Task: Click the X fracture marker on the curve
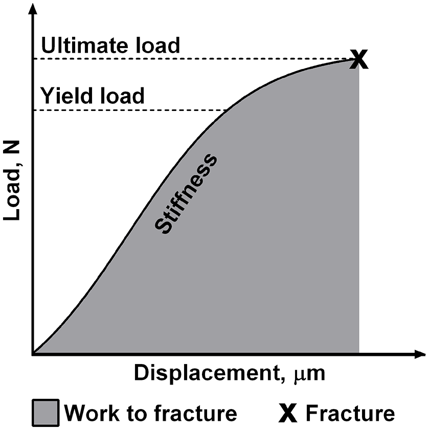click(x=359, y=60)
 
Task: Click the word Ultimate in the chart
click(x=82, y=46)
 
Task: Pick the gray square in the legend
click(x=46, y=413)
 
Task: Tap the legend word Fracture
click(x=350, y=413)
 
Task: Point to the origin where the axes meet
click(x=33, y=353)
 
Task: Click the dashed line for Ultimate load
click(x=194, y=59)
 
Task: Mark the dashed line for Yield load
click(x=128, y=110)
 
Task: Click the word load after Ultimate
click(x=156, y=46)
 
